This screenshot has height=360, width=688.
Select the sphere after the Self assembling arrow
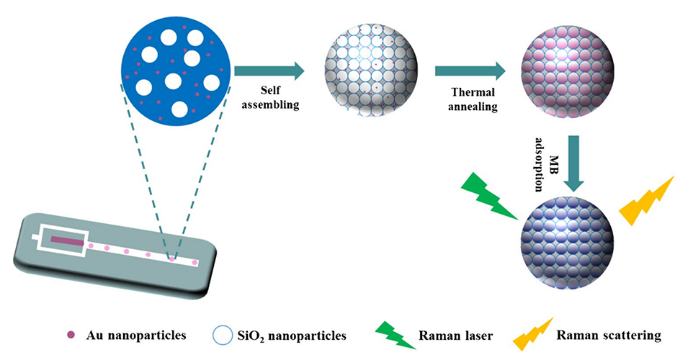[x=371, y=71]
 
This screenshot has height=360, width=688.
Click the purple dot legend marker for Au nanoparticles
[x=71, y=335]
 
